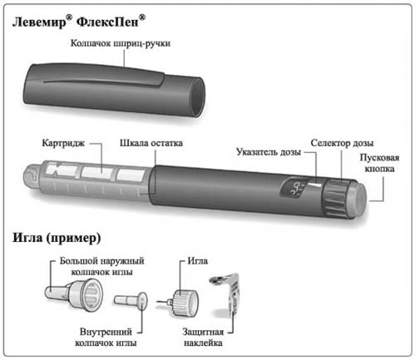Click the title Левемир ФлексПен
(x=79, y=22)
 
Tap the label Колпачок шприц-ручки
(x=120, y=43)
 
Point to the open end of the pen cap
(x=198, y=96)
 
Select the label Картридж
(x=63, y=143)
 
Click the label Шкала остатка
(x=151, y=143)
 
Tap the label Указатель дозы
(x=269, y=152)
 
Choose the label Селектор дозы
(x=342, y=143)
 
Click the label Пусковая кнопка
(x=379, y=163)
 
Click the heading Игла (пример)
(x=57, y=238)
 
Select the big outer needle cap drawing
(x=74, y=295)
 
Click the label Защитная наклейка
(x=203, y=337)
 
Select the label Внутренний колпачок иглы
(x=106, y=337)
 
